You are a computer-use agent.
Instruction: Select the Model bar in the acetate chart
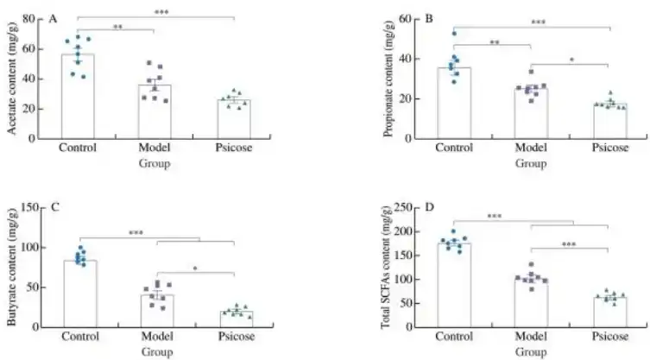[155, 112]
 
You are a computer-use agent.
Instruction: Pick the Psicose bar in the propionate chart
[609, 122]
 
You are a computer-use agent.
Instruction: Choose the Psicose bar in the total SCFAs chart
[609, 312]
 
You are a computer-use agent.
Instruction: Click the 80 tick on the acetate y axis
[29, 19]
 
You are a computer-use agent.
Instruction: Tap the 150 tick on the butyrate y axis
[27, 207]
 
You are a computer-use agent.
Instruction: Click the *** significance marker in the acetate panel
[161, 12]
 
